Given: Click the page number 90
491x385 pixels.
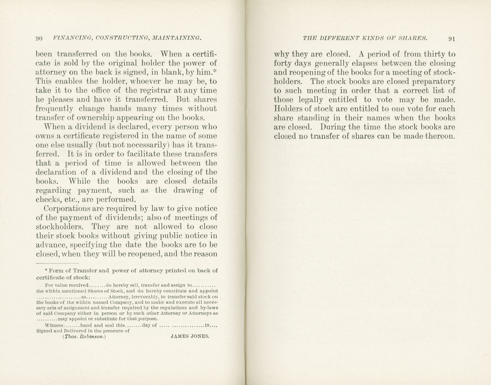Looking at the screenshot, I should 39,38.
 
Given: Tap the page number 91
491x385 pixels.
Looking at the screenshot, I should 452,38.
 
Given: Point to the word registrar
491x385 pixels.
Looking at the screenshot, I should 156,91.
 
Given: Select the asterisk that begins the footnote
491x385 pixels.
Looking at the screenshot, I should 46,270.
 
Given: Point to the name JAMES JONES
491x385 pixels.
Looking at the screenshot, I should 190,336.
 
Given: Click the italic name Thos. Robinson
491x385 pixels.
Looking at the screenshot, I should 84,337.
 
